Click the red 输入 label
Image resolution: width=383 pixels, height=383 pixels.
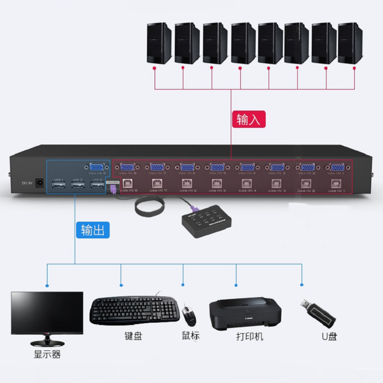248,119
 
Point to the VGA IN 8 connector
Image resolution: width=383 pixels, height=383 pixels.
127,168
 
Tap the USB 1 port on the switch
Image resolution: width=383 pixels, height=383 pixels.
58,185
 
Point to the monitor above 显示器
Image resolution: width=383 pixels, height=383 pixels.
47,313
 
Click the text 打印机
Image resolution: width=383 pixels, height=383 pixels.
249,337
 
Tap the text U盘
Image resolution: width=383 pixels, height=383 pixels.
329,337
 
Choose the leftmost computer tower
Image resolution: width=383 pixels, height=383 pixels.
159,43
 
